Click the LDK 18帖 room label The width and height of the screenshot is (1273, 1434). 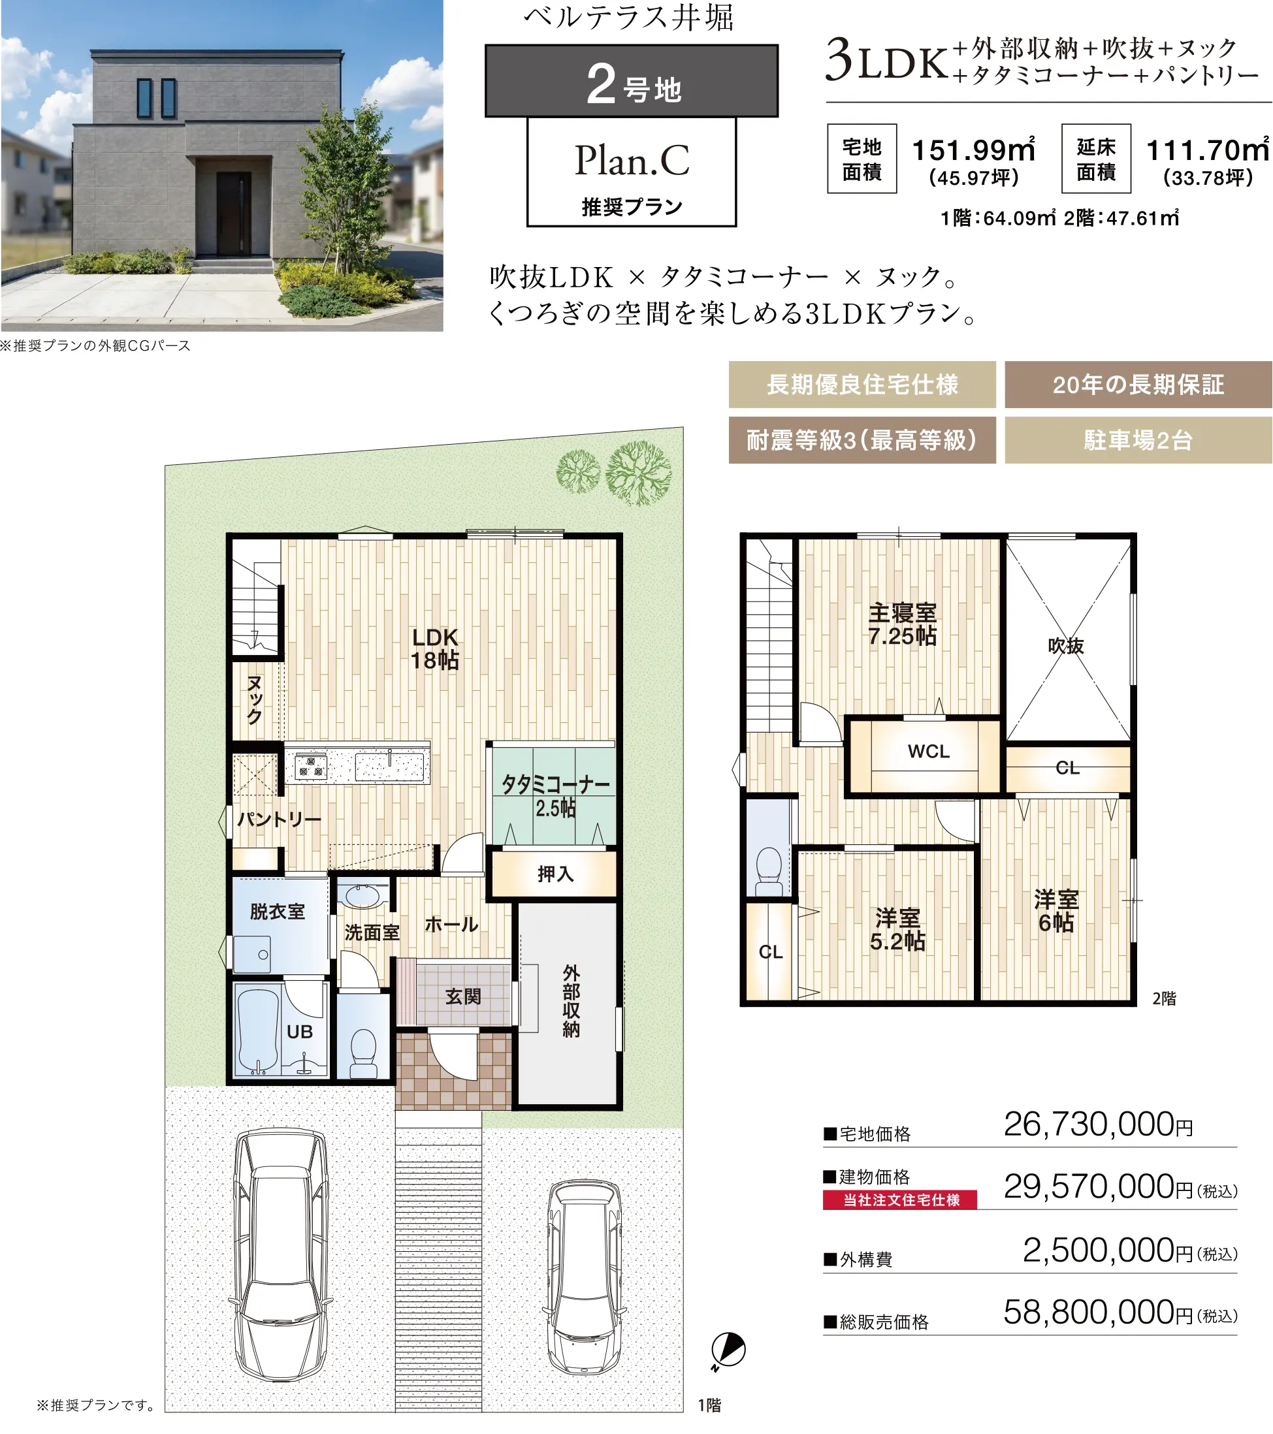pyautogui.click(x=435, y=648)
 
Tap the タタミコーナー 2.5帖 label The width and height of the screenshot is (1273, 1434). pyautogui.click(x=555, y=795)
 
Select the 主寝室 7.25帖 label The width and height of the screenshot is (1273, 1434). pyautogui.click(x=903, y=624)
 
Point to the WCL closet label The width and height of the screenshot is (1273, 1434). pyautogui.click(x=928, y=752)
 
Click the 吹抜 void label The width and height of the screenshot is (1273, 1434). pyautogui.click(x=1066, y=645)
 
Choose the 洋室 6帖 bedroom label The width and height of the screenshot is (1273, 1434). pyautogui.click(x=1056, y=911)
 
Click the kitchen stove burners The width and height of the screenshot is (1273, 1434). pyautogui.click(x=310, y=765)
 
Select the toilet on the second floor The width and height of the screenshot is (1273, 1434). pyautogui.click(x=769, y=870)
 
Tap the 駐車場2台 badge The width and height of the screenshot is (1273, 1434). pyautogui.click(x=1138, y=440)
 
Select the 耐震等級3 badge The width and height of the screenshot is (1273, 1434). pyautogui.click(x=862, y=440)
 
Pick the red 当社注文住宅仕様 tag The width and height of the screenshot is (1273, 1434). pyautogui.click(x=900, y=1200)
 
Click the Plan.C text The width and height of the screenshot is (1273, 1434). pyautogui.click(x=632, y=161)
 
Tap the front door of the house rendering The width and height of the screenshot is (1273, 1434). pyautogui.click(x=233, y=214)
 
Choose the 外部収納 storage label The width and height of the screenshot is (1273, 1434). pyautogui.click(x=572, y=1001)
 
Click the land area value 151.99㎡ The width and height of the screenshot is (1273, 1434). pyautogui.click(x=973, y=150)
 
